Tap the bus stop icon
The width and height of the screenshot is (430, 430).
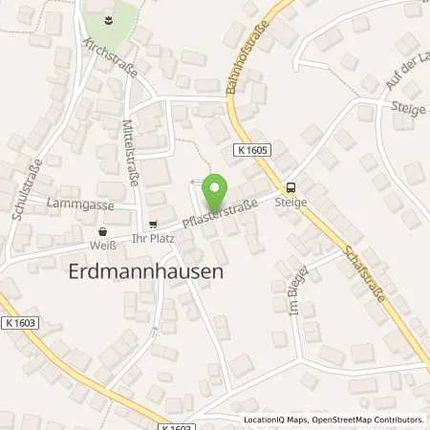coord(290,187)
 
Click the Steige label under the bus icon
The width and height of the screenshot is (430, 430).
coord(290,202)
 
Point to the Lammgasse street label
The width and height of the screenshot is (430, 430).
coord(87,204)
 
